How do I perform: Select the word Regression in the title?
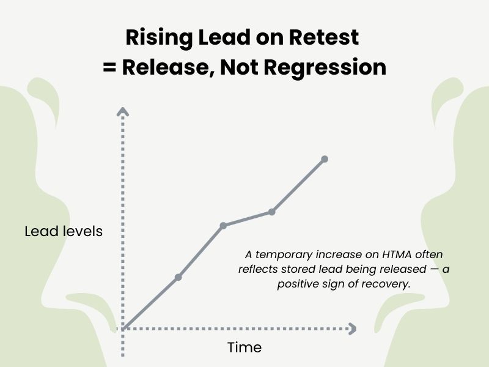point(333,67)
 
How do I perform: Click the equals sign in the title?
point(109,67)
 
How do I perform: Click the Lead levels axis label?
point(64,232)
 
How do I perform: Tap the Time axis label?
point(244,347)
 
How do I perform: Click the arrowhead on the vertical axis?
point(123,111)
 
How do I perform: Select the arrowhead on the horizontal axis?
point(351,328)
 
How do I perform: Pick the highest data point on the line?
point(325,159)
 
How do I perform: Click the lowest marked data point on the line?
point(178,277)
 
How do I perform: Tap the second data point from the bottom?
point(223,226)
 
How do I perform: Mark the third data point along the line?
point(271,212)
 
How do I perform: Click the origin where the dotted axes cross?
point(123,328)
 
